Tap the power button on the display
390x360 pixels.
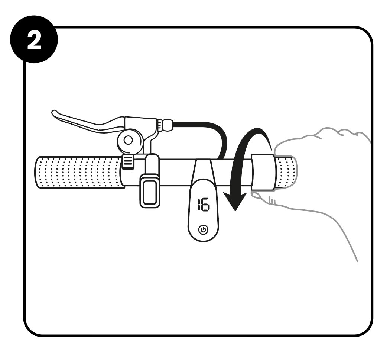pos(203,230)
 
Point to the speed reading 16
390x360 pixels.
pos(203,205)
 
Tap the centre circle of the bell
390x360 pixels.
pos(128,141)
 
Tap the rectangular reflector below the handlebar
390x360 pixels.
pos(149,191)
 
